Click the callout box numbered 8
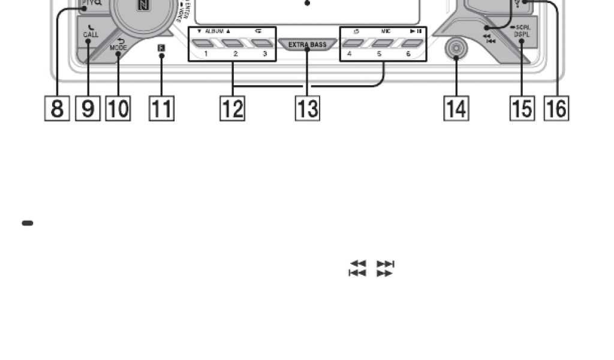[56, 109]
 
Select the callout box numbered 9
[88, 109]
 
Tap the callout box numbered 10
[118, 109]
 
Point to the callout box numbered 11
[161, 109]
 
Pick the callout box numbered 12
[233, 109]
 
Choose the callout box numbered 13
[307, 109]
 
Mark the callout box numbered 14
[456, 109]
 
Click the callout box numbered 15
[522, 109]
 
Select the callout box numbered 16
[556, 109]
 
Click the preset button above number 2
[233, 43]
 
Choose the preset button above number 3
[261, 43]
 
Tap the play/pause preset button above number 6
[411, 43]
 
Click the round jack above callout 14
[456, 49]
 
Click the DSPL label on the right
[521, 35]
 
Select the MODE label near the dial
[118, 46]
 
